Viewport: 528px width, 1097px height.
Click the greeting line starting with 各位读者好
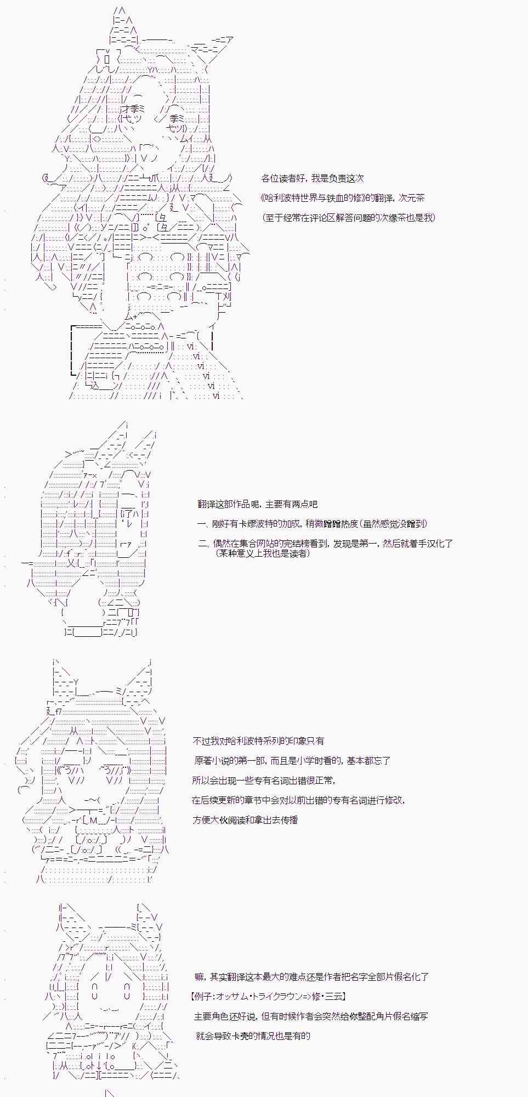tap(313, 178)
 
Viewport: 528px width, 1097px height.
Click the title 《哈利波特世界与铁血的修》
tap(313, 198)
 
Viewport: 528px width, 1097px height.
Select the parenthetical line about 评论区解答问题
tap(349, 218)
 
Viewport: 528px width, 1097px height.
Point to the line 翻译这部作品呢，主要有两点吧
tap(257, 504)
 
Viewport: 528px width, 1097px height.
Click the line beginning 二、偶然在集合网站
tap(325, 544)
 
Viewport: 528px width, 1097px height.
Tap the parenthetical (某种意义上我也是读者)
tap(263, 553)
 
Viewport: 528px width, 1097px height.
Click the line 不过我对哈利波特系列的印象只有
tap(258, 741)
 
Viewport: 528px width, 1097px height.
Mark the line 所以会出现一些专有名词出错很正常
tap(264, 781)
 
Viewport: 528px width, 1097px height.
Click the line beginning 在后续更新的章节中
tap(298, 800)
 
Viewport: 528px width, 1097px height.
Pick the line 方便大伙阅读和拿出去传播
tap(245, 820)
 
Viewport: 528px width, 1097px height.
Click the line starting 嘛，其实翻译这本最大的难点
tap(311, 977)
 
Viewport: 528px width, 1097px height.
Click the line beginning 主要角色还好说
tap(311, 1016)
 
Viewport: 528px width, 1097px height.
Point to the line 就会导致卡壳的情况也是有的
tap(252, 1036)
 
